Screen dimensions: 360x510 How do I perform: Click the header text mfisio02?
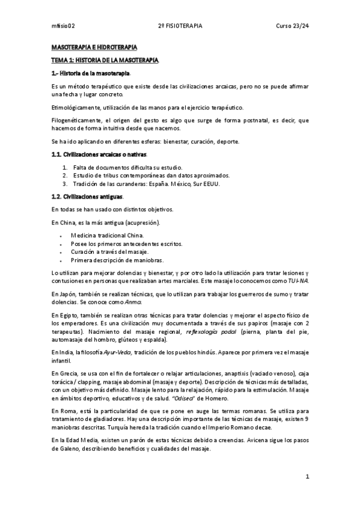pyautogui.click(x=63, y=26)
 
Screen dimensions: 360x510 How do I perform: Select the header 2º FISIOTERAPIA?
pyautogui.click(x=180, y=26)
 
